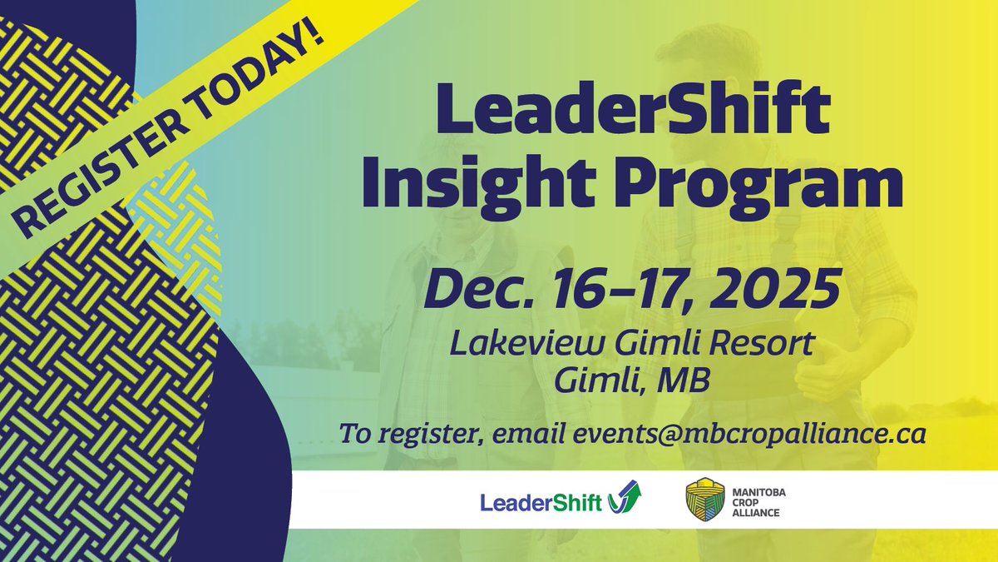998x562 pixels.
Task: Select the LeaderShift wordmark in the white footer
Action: click(x=541, y=502)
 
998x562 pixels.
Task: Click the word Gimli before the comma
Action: click(x=596, y=383)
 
